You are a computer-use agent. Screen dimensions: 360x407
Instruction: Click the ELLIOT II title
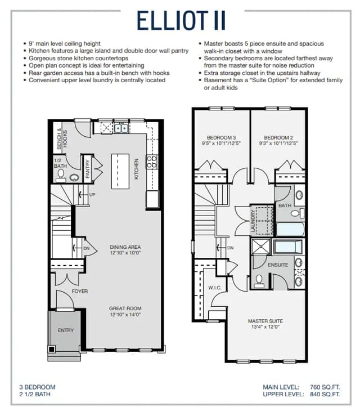tap(181, 20)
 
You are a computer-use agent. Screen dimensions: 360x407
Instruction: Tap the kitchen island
tap(120, 171)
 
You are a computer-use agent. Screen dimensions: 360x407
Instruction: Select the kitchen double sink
tap(121, 128)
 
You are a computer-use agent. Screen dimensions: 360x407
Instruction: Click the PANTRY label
tap(87, 169)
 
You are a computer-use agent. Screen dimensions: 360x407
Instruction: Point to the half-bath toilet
tap(61, 175)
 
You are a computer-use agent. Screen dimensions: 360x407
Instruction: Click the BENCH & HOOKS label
tap(62, 139)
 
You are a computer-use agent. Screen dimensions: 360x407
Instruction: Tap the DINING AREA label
tap(125, 247)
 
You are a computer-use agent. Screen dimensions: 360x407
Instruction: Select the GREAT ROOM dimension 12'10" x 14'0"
tap(125, 315)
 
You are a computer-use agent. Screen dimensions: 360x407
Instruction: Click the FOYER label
tap(80, 291)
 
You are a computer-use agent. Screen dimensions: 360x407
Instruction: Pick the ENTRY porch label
tap(66, 330)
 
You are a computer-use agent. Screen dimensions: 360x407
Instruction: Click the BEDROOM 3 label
tap(221, 137)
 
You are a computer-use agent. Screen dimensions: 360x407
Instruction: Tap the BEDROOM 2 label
tap(278, 137)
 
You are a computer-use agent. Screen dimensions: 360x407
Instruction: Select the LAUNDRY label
tap(253, 221)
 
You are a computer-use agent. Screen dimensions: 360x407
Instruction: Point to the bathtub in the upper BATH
tap(290, 229)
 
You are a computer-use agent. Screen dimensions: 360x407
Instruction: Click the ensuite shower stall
tap(261, 247)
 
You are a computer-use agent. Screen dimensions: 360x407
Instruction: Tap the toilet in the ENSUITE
tap(259, 281)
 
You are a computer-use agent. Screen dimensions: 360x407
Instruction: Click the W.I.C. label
tap(215, 288)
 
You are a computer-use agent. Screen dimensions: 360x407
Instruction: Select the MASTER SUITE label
tap(265, 321)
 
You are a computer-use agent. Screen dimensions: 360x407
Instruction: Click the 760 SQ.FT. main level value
tap(325, 387)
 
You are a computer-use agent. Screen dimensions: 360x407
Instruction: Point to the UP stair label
tap(92, 194)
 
